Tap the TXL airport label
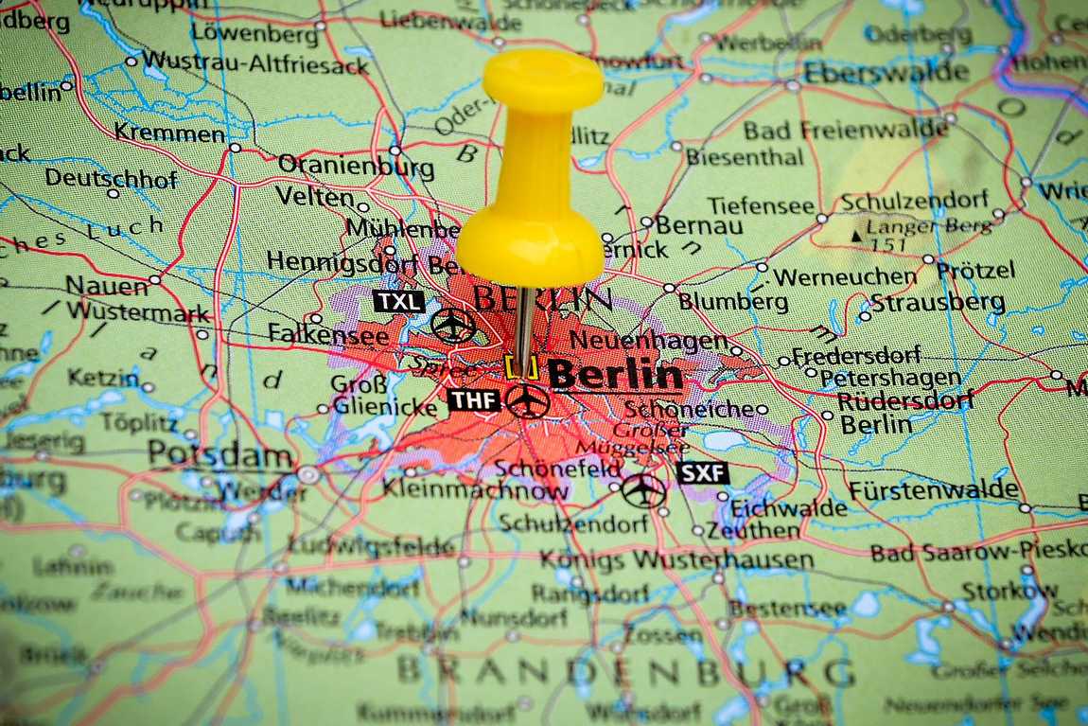(398, 301)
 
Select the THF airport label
(474, 400)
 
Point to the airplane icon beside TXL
(454, 325)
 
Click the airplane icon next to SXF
(644, 489)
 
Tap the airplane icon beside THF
(528, 401)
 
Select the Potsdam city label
(219, 455)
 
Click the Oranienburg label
(356, 167)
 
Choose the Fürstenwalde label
(934, 490)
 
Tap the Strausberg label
(938, 303)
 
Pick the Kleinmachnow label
(476, 490)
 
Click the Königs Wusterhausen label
(676, 560)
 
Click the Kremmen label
(169, 133)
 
